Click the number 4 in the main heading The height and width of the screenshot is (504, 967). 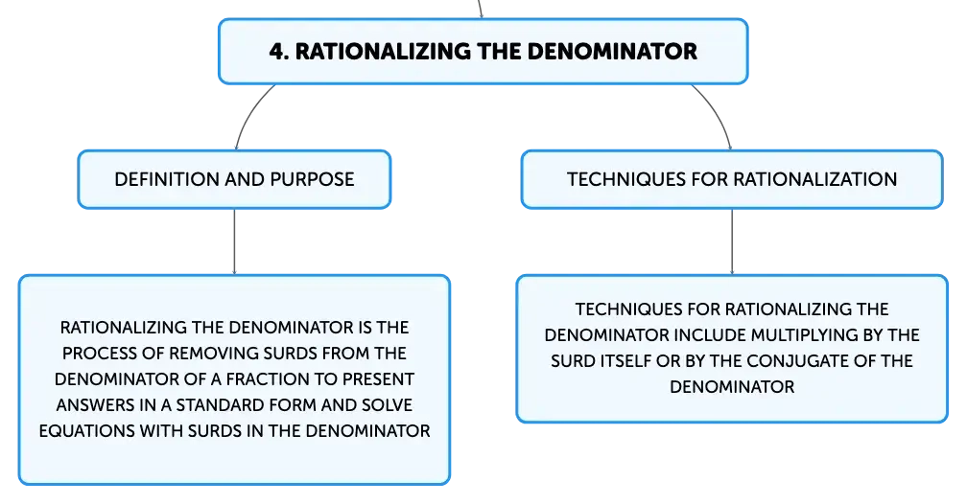point(278,51)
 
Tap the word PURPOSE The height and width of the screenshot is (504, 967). point(312,179)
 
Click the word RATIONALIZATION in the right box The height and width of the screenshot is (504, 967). point(814,179)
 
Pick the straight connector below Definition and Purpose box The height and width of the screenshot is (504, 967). point(234,241)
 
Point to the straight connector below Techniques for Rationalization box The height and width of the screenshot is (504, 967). point(732,241)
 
